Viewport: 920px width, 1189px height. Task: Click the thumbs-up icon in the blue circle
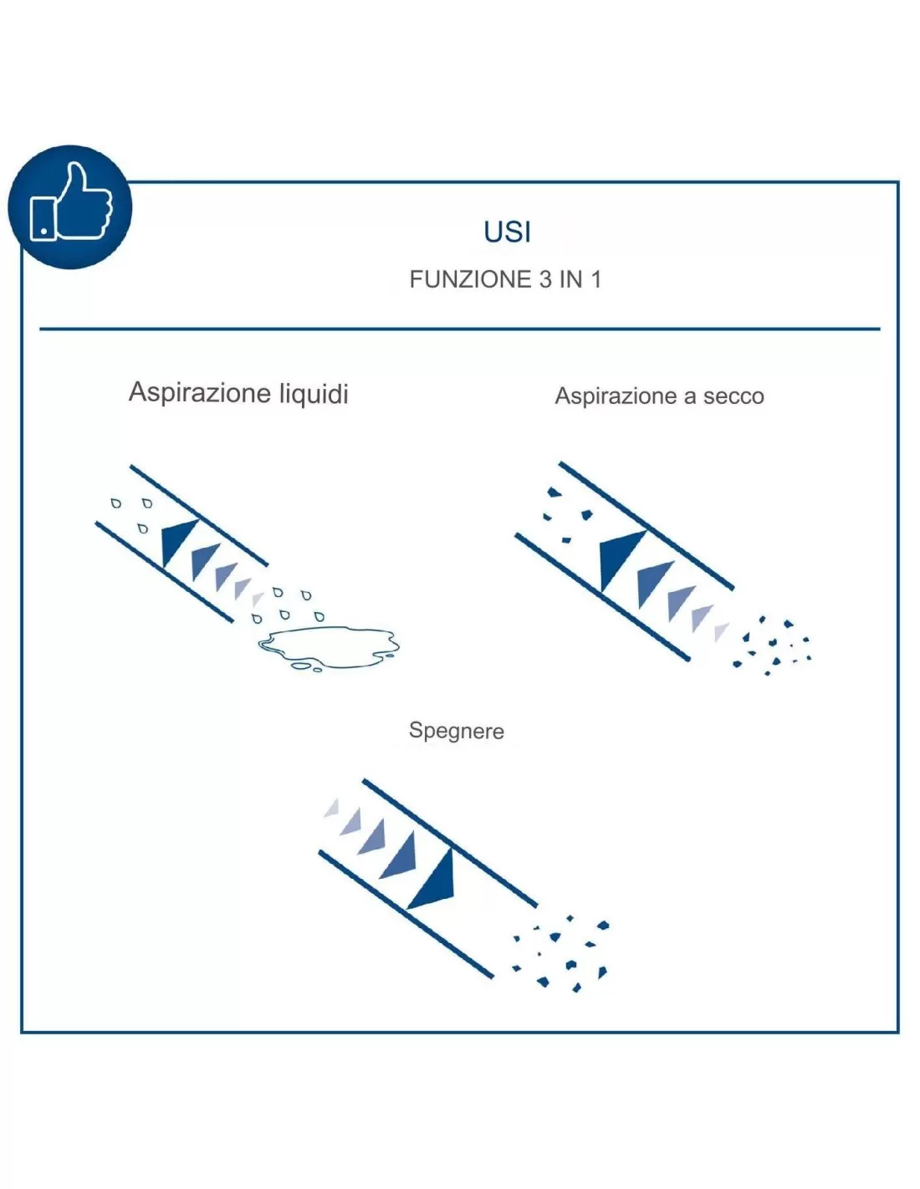coord(70,202)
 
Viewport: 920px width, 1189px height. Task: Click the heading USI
coord(507,232)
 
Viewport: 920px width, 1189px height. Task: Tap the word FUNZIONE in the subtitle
coord(470,279)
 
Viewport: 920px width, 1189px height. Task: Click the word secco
coord(733,396)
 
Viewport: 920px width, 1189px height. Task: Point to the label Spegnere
coord(456,731)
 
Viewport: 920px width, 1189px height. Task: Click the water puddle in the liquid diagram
coord(329,648)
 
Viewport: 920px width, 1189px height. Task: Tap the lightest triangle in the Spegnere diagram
coord(332,809)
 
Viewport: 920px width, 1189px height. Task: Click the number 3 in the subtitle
coord(545,279)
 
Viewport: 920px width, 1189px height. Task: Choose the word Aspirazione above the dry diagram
coord(616,396)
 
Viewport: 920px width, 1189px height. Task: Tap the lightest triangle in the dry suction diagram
coord(721,632)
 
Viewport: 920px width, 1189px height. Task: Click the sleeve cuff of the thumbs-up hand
coord(43,219)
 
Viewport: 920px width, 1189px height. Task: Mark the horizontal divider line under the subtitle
coord(460,329)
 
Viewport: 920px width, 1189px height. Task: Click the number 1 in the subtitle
coord(596,279)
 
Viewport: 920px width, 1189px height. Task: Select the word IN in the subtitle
coord(570,279)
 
